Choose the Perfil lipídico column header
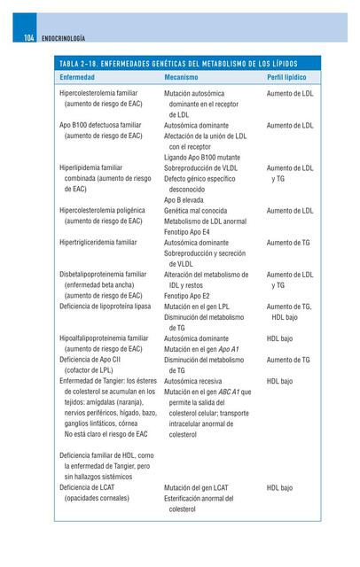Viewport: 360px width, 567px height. pos(289,78)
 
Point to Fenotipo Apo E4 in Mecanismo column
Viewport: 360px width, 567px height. pos(192,231)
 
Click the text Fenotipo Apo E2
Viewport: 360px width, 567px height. pos(192,295)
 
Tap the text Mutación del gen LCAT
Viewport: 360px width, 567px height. pos(196,487)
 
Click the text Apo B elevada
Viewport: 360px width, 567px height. pos(184,199)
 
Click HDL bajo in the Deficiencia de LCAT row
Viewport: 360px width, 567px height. pos(280,487)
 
